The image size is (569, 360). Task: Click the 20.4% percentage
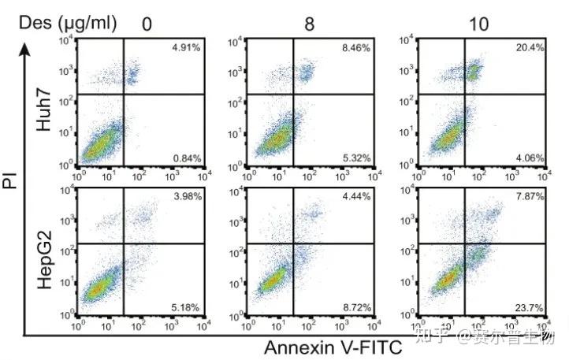530,48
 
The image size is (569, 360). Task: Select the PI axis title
12,184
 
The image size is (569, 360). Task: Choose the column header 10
478,24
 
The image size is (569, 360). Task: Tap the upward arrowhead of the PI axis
26,49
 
